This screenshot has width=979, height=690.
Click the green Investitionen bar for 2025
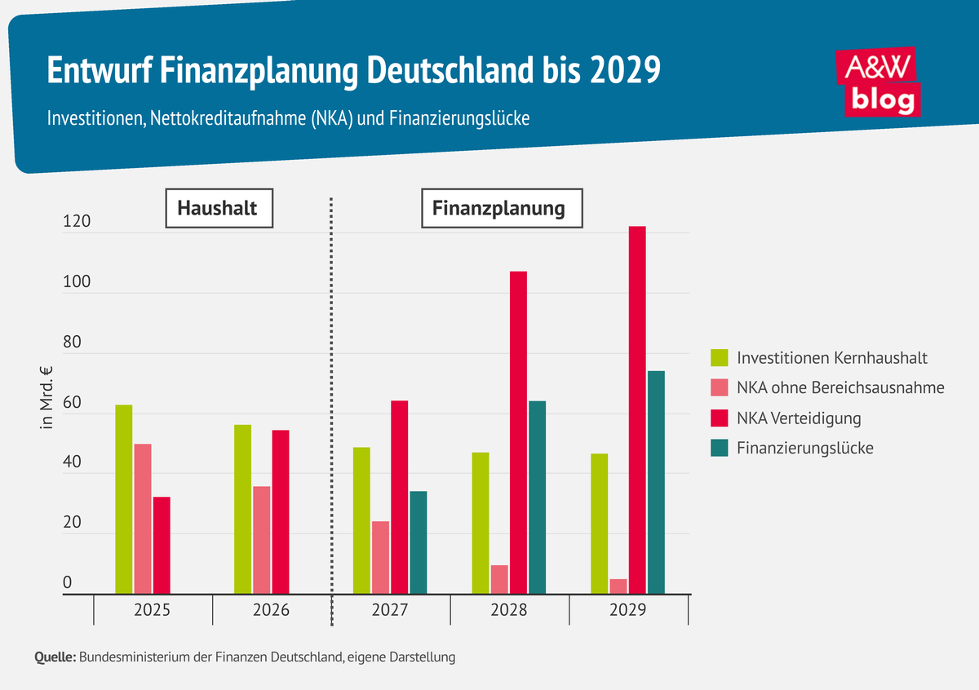(x=123, y=499)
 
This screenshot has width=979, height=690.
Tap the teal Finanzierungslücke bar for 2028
(x=537, y=498)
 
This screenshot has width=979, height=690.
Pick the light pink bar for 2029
(x=618, y=586)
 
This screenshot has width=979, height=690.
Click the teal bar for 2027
(x=418, y=542)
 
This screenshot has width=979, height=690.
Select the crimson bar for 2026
(x=280, y=512)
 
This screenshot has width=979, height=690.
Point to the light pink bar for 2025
(x=143, y=519)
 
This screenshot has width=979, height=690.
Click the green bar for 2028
(x=481, y=523)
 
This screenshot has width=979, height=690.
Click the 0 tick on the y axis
(x=68, y=583)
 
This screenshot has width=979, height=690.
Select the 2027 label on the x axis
(x=390, y=610)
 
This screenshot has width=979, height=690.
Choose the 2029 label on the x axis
(x=628, y=610)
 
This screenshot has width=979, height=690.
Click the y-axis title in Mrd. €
(x=47, y=399)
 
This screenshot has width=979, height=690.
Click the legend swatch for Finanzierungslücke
(x=720, y=448)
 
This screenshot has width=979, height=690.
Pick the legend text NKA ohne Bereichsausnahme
(x=840, y=387)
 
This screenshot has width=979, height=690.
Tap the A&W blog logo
(x=879, y=81)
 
